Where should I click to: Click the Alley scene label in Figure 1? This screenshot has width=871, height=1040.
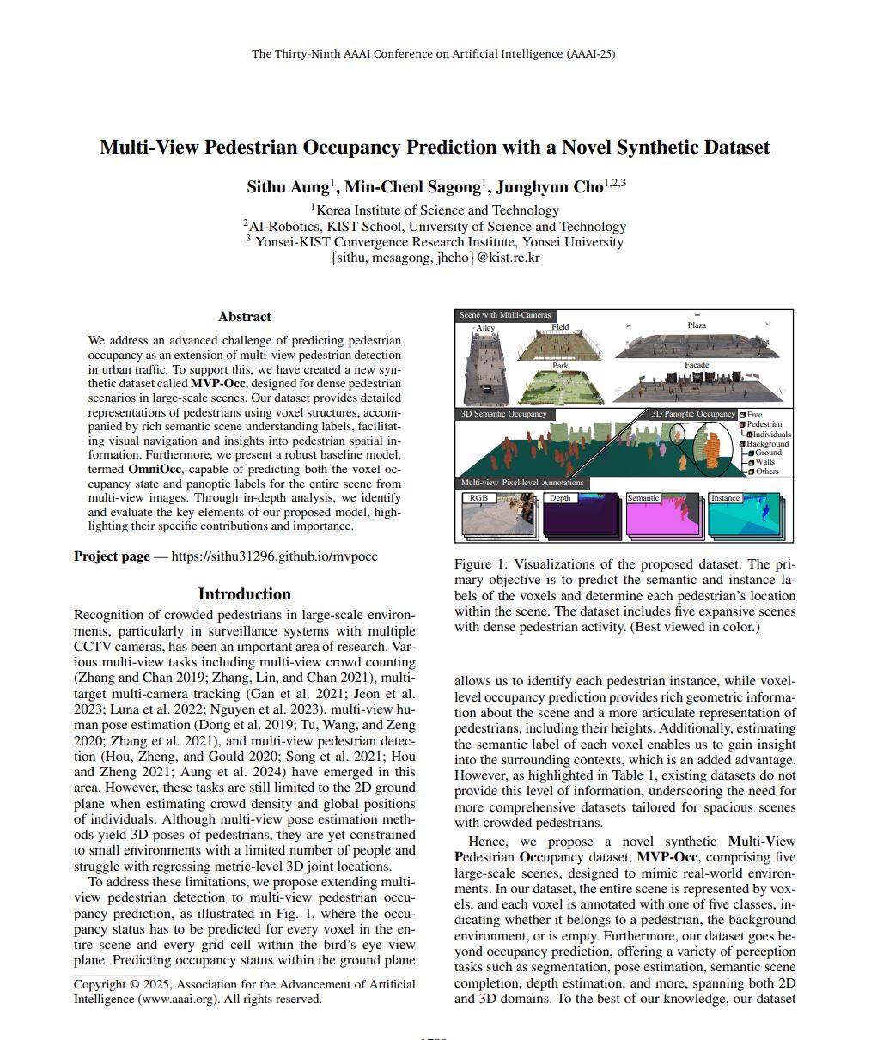point(485,328)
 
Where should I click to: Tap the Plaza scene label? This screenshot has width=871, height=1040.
point(697,325)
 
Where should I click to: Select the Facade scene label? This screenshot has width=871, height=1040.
point(697,365)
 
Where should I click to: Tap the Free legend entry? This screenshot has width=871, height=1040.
point(754,415)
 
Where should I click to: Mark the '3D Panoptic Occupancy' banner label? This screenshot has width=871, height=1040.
point(693,414)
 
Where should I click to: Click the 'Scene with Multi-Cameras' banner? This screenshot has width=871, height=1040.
point(504,315)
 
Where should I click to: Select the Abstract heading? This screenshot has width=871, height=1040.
point(244,317)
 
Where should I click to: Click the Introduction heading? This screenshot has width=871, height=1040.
point(244,594)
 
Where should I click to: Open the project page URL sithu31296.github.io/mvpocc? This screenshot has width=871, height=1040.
point(274,556)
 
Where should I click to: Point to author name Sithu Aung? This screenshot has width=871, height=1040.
point(288,187)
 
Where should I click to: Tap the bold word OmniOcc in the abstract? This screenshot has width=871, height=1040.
point(155,470)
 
